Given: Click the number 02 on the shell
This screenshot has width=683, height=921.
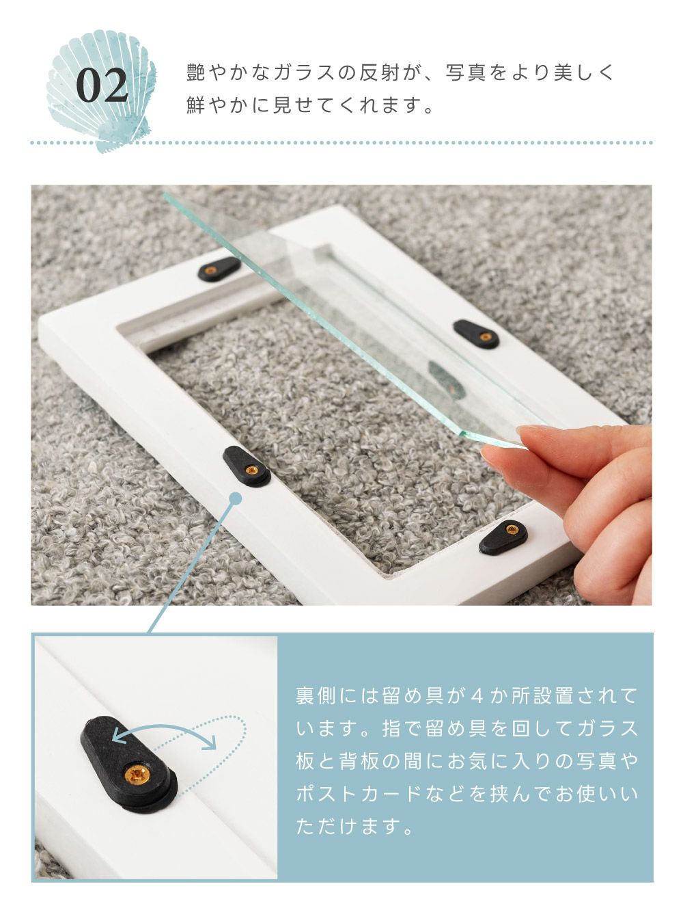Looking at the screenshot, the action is [102, 86].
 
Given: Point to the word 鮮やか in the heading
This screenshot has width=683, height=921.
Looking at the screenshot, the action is [219, 106].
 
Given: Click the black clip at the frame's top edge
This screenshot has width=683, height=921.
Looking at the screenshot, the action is [219, 269].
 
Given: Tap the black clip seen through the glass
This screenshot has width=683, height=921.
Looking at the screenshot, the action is [476, 334].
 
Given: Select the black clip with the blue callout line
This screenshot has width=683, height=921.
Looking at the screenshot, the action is [247, 466].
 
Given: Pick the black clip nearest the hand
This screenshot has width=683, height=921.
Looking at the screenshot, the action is [504, 537].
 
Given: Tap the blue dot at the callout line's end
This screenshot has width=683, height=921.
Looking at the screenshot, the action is [235, 498].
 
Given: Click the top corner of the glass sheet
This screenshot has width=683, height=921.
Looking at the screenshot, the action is [164, 193].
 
